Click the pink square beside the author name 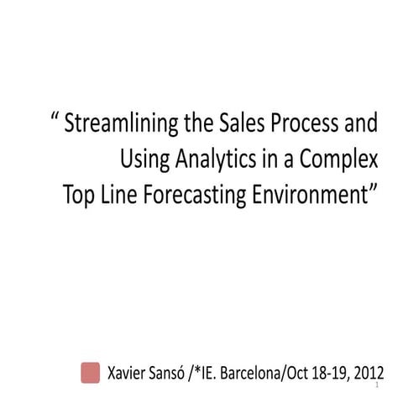tap(90, 373)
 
